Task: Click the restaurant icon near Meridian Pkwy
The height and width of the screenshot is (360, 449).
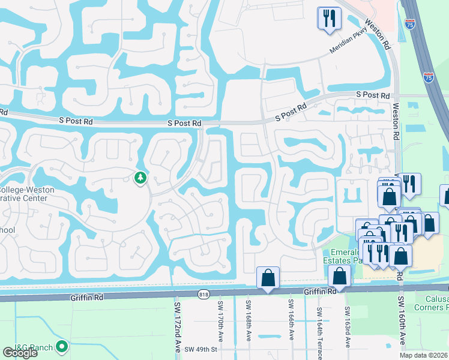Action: tap(330, 19)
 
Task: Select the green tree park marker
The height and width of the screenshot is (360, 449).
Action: tap(140, 178)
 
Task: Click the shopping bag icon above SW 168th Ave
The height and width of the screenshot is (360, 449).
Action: tap(267, 278)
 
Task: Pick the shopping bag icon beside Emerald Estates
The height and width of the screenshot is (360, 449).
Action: tap(339, 276)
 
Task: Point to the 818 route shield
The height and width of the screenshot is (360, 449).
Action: tap(203, 293)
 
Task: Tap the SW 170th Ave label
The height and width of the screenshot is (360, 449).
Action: tap(220, 324)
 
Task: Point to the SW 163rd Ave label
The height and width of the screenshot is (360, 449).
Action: tap(346, 327)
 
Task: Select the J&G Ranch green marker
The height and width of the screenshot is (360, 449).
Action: tap(61, 346)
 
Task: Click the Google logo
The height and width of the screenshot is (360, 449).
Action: tap(20, 353)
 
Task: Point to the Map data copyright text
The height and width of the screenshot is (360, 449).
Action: tap(423, 355)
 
